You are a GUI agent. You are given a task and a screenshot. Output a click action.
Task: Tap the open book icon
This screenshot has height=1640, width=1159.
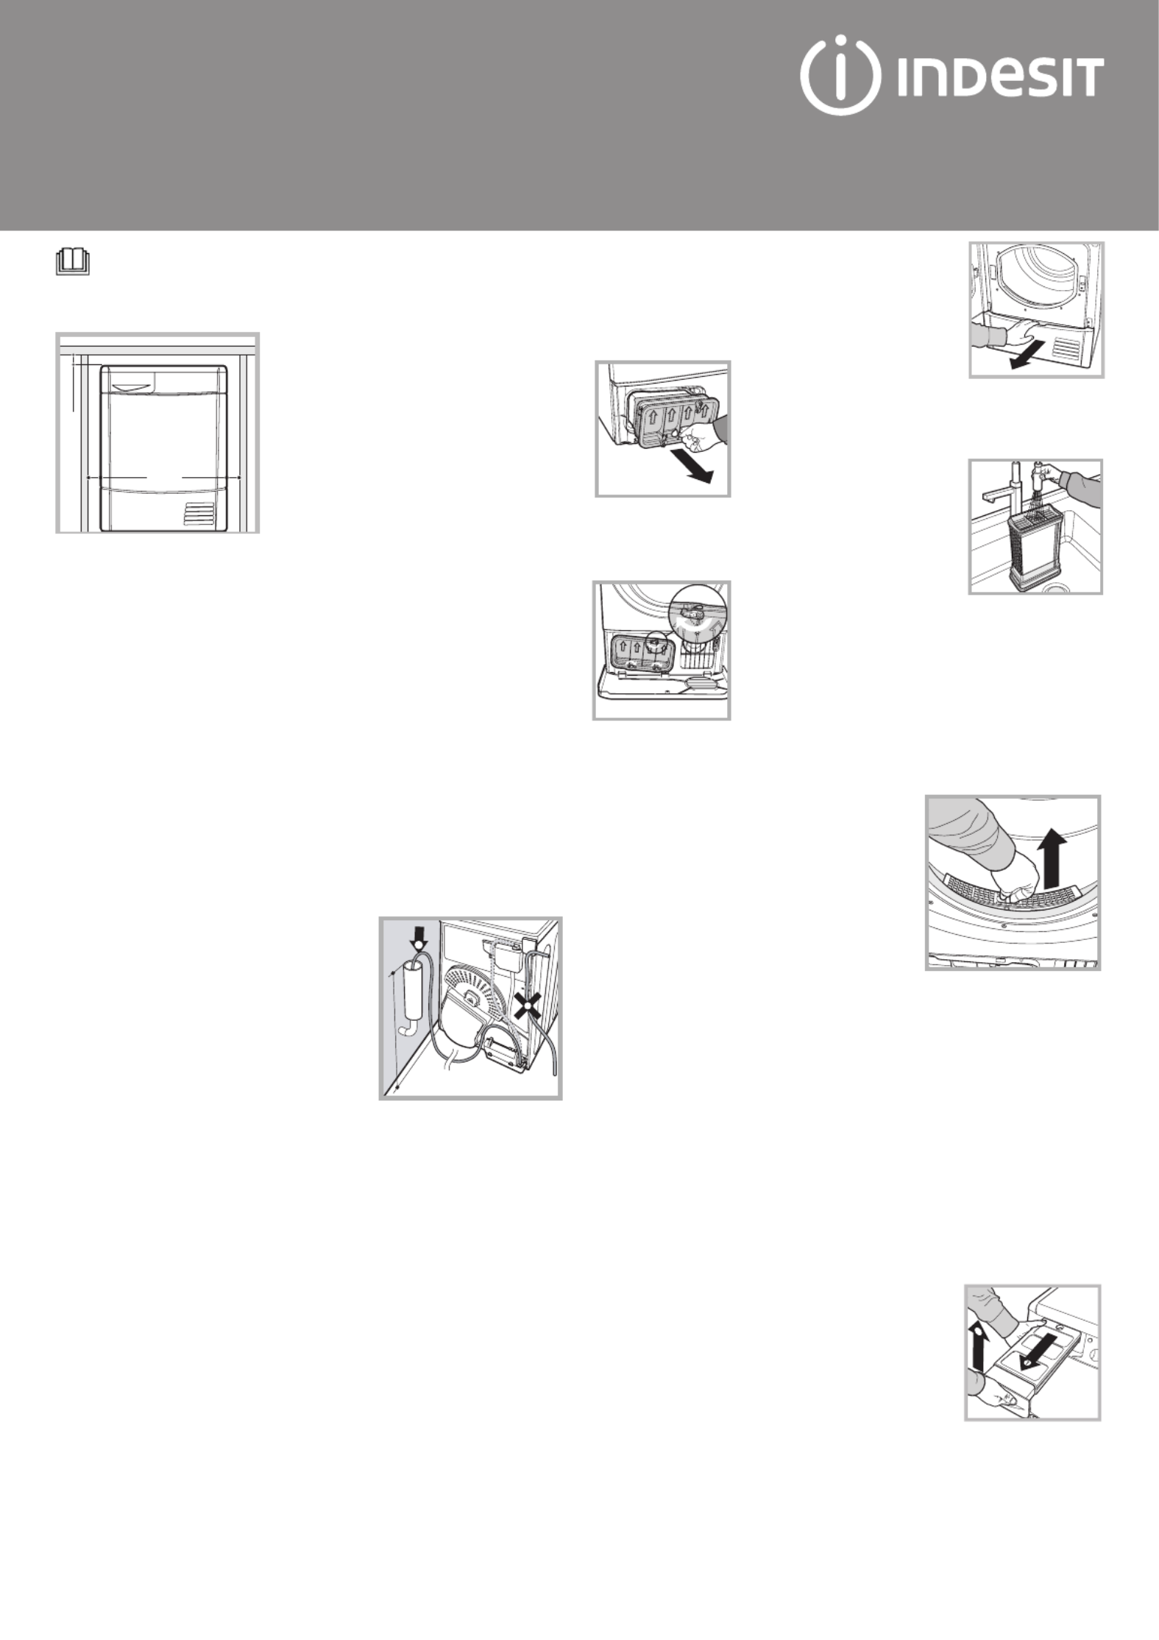tap(73, 262)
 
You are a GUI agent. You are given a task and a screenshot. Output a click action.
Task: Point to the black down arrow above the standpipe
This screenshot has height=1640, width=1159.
tap(418, 936)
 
